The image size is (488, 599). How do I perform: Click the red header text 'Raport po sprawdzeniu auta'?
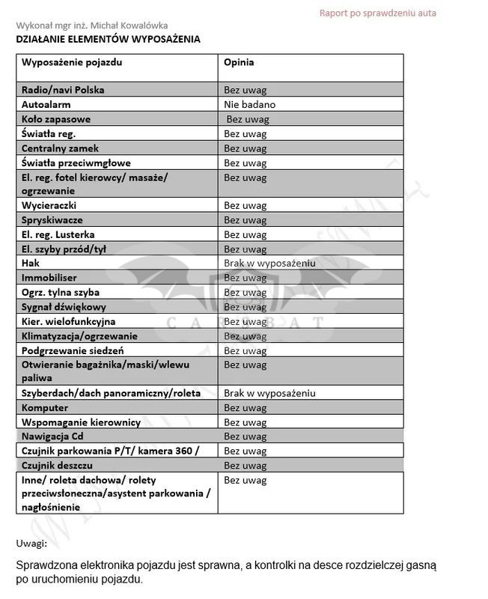(377, 13)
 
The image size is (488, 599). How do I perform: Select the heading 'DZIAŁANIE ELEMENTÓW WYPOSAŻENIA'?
(108, 39)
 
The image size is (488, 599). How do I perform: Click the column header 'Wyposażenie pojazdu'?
(72, 62)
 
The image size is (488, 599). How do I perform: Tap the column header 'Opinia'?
(239, 62)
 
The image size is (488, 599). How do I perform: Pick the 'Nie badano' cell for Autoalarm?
(249, 105)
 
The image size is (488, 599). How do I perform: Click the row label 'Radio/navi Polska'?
(63, 90)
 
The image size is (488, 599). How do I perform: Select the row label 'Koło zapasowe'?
(56, 119)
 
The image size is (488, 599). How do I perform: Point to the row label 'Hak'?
(31, 264)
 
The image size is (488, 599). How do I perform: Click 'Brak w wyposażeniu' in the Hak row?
(269, 264)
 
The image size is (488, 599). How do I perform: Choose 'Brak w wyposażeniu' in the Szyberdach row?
(269, 393)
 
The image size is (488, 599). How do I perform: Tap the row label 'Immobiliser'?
(49, 278)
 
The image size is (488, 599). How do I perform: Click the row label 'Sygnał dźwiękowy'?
(64, 307)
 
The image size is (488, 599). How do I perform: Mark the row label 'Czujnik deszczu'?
(57, 466)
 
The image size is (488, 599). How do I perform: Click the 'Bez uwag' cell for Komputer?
(245, 408)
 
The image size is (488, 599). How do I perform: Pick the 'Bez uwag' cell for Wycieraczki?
(245, 205)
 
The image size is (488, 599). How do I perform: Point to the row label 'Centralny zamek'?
(60, 148)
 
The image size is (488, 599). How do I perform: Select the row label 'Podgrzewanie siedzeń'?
(73, 350)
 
